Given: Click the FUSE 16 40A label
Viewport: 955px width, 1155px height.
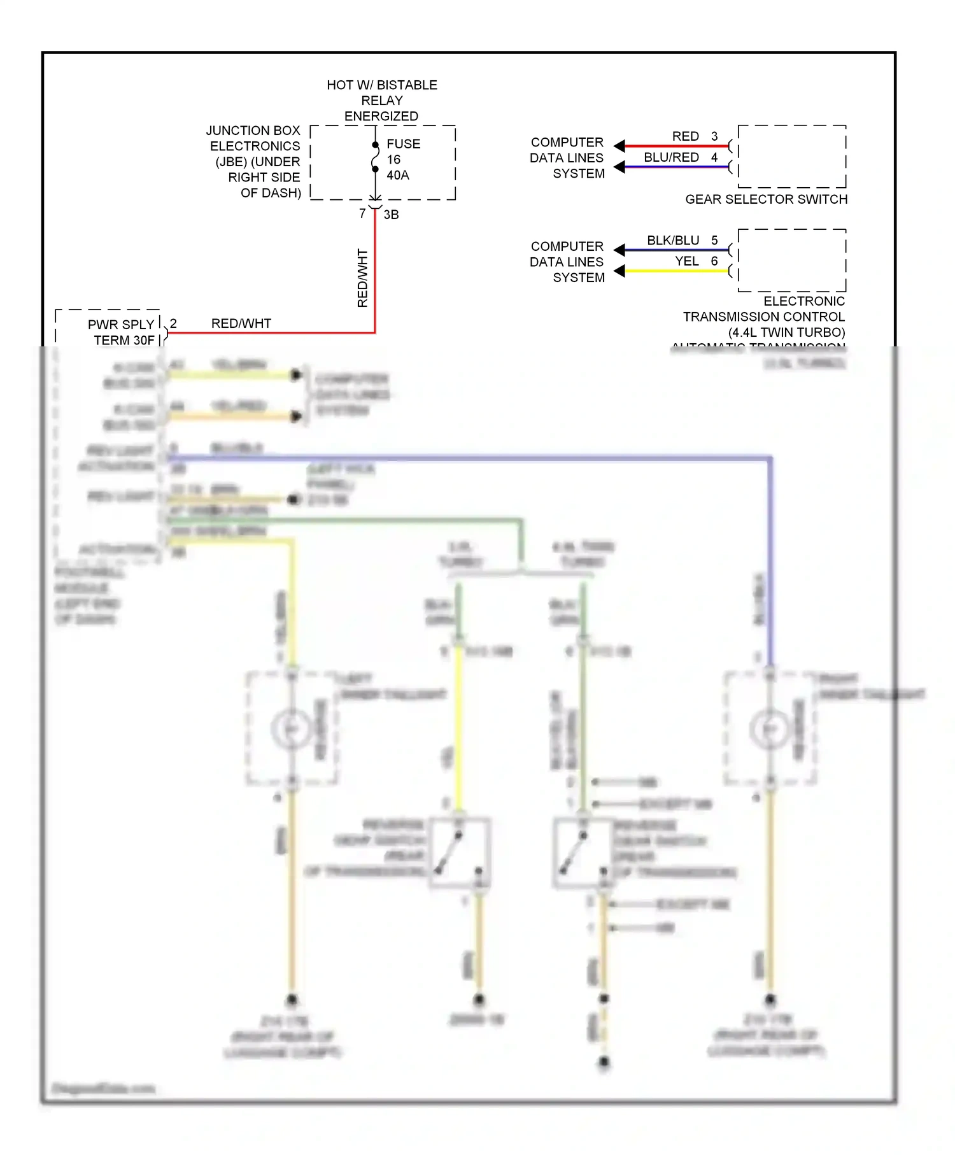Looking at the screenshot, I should (x=402, y=159).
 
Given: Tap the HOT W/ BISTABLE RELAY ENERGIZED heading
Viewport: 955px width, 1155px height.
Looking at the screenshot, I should (x=381, y=101).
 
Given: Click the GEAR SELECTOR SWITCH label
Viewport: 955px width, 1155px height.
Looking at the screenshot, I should (x=766, y=199).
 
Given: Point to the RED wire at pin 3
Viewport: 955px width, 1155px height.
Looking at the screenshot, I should (x=675, y=146).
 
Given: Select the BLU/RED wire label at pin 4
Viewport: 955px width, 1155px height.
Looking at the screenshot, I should (x=671, y=157).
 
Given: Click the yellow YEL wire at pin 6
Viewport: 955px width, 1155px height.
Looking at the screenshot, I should (x=675, y=271).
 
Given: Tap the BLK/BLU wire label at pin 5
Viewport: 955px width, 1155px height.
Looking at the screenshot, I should (x=673, y=240).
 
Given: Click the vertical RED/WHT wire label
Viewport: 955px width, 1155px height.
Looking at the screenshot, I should (x=362, y=278).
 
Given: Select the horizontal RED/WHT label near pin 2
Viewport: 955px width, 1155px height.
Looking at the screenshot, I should (x=241, y=323).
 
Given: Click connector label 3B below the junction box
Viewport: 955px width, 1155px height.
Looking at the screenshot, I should (x=391, y=215).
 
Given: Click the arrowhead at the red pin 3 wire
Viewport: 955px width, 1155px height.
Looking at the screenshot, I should (x=619, y=146).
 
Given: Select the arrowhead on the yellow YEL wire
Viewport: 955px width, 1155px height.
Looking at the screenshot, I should (x=619, y=271).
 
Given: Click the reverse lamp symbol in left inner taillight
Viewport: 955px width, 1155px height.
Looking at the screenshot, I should (x=291, y=728).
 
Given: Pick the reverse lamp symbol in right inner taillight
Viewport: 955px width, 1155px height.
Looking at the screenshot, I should (x=770, y=728).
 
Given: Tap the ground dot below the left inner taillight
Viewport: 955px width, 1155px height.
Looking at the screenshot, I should (x=292, y=1000).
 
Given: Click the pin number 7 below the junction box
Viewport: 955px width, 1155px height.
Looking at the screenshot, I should (x=362, y=213).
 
